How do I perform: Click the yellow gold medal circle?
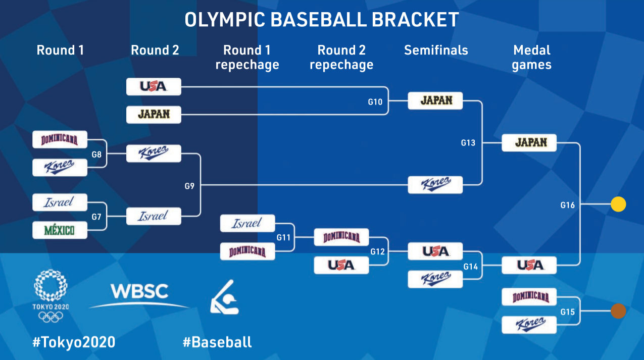(618, 204)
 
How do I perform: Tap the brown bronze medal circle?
(618, 311)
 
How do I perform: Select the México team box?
(60, 230)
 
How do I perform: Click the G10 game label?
(375, 102)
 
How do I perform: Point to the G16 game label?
(568, 205)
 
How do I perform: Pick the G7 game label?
(96, 217)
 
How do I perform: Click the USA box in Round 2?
(154, 86)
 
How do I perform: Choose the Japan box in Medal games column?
(529, 142)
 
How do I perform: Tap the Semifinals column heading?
(436, 50)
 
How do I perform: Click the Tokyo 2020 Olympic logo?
(51, 296)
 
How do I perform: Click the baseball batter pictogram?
(225, 297)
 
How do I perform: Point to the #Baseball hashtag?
(217, 342)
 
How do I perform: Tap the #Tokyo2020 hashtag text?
(74, 342)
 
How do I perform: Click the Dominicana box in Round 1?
(60, 140)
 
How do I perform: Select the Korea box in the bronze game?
(529, 325)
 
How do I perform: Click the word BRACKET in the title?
(415, 20)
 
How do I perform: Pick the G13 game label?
(468, 143)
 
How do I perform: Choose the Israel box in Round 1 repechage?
(247, 223)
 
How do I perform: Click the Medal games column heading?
(531, 58)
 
